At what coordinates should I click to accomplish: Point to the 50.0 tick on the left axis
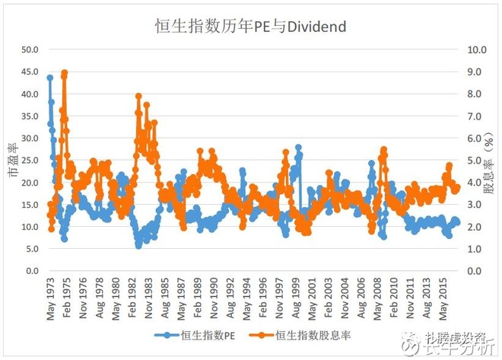[29, 49]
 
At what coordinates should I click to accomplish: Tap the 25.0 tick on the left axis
[29, 161]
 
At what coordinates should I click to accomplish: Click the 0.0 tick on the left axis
[31, 271]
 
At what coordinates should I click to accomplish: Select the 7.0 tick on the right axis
[478, 116]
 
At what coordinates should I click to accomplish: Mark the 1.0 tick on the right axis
[478, 249]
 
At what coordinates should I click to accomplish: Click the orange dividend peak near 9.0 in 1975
[65, 73]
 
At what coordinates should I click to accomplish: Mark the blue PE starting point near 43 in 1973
[50, 78]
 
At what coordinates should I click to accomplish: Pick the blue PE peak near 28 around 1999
[299, 148]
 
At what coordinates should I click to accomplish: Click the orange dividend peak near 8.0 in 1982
[138, 97]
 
